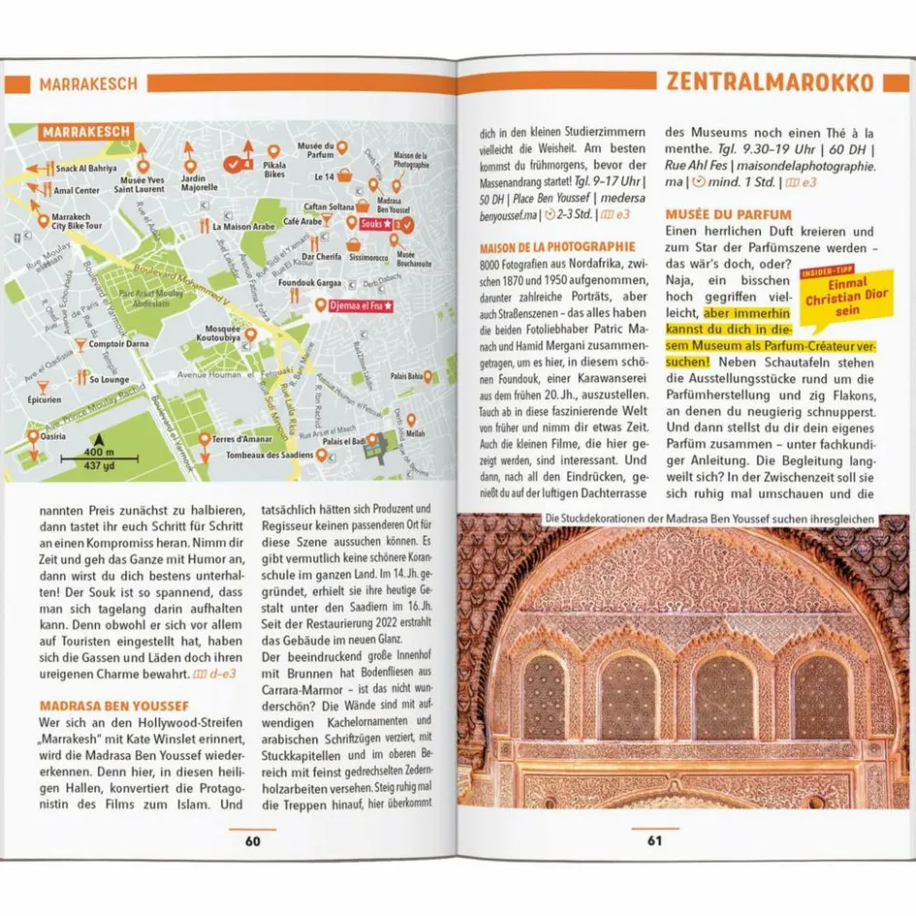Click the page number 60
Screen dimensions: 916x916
pos(252,841)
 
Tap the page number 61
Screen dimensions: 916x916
pos(655,841)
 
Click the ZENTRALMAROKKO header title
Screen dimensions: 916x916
pos(769,82)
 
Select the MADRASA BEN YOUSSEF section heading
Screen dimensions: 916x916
pos(114,705)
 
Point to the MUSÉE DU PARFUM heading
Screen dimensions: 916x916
pos(729,214)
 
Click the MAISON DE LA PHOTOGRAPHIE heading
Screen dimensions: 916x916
pos(558,247)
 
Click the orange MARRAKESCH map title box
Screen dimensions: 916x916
pos(86,132)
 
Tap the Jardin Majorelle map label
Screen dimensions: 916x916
pos(199,182)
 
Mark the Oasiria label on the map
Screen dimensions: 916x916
pos(54,436)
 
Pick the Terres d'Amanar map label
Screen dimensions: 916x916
pos(244,441)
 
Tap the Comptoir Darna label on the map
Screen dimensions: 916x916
pos(118,343)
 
